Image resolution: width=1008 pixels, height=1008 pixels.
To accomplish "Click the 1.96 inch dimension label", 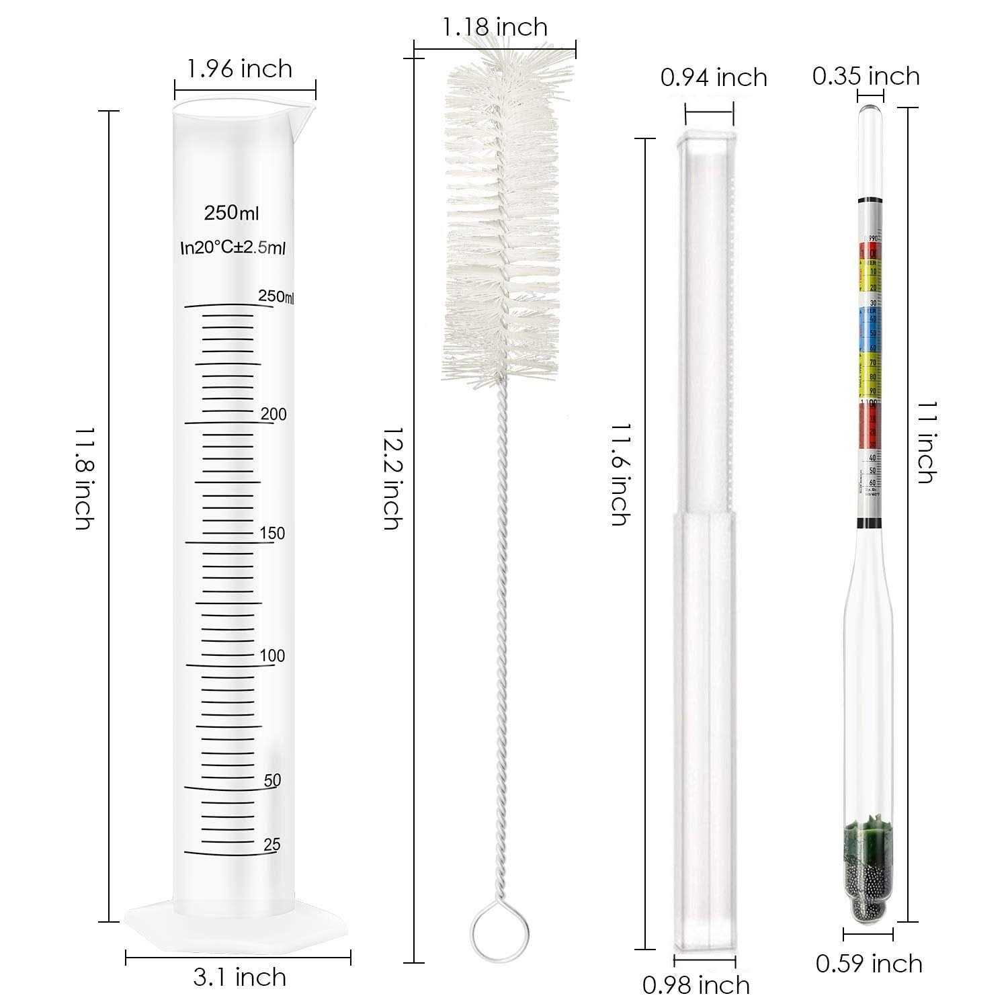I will (240, 69).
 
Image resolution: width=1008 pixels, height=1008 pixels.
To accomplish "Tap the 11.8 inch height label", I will (83, 477).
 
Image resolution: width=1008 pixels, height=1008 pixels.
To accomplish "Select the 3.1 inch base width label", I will (240, 976).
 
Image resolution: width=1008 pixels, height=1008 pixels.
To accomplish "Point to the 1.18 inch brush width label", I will (495, 27).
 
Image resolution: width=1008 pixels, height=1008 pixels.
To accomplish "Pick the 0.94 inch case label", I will (714, 78).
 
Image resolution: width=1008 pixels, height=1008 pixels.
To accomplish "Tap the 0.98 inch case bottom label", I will (697, 985).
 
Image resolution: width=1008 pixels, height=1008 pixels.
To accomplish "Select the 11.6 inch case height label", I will (620, 474).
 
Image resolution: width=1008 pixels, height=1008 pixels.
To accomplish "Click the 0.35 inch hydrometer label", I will (866, 76).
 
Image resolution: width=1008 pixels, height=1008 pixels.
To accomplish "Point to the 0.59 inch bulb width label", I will (869, 964).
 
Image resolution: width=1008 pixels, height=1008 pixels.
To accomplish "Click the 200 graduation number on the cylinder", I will (274, 415).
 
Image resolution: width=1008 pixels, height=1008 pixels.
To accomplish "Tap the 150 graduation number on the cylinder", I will (272, 534).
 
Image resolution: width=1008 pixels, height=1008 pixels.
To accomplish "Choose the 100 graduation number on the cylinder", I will (272, 656).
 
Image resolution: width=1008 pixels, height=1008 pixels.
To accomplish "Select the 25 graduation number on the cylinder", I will (271, 845).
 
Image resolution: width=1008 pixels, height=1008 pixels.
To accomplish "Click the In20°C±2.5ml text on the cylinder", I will (233, 248).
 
